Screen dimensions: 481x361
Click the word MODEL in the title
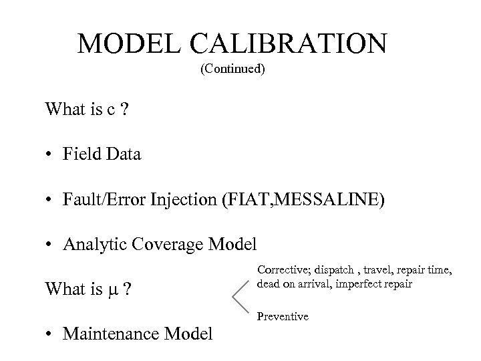[130, 44]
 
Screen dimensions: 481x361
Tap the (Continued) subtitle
[232, 69]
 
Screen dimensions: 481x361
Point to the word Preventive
[283, 316]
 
